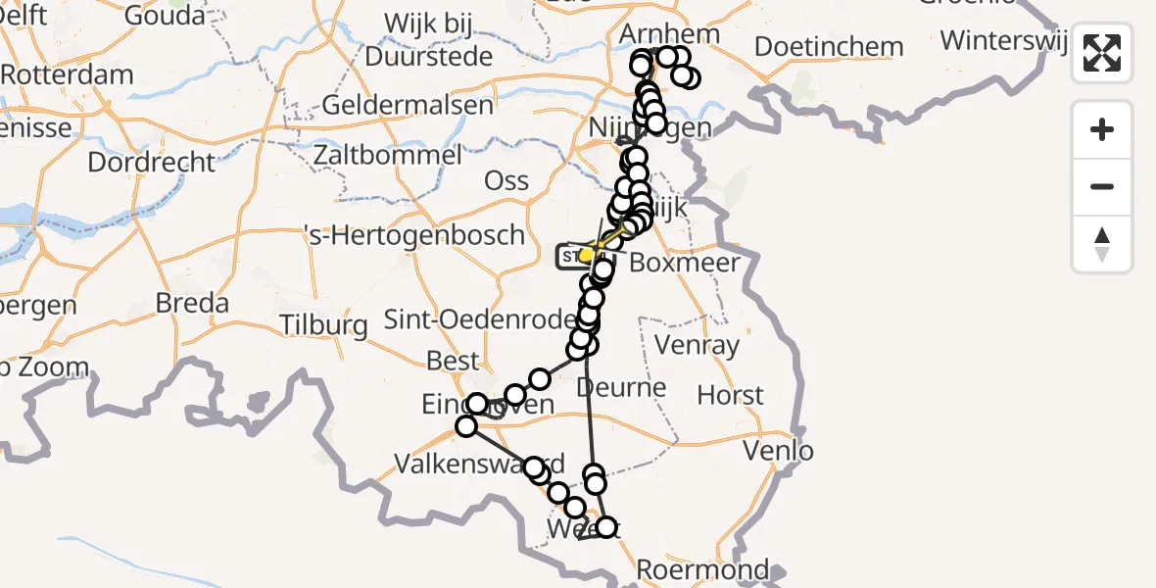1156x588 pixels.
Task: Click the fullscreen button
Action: [1102, 53]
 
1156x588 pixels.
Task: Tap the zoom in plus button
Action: [1102, 129]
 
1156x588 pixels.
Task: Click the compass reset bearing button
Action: [1102, 244]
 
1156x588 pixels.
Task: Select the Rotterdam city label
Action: [67, 75]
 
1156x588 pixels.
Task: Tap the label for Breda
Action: [192, 303]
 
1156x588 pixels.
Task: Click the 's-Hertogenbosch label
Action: [413, 235]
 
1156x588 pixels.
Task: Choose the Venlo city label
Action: [779, 451]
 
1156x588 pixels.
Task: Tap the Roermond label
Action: [702, 569]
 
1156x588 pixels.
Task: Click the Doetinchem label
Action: [829, 46]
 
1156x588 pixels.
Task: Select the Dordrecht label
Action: [151, 162]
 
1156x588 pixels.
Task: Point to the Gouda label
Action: [165, 17]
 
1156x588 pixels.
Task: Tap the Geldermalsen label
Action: [407, 105]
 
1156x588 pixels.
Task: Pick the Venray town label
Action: [697, 345]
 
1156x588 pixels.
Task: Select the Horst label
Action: [730, 395]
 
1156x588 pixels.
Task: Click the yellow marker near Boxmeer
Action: [587, 256]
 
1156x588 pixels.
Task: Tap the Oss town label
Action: [506, 180]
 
